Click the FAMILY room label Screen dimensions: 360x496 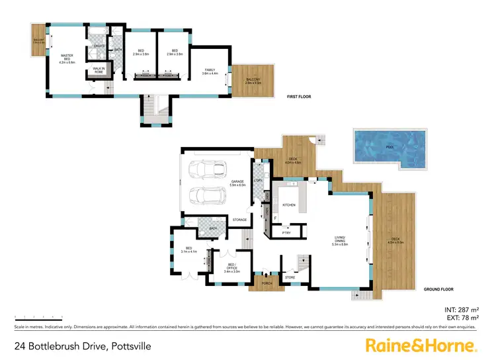click(210, 71)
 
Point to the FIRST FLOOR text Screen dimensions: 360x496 click(299, 97)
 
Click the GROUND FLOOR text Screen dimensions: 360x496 click(436, 289)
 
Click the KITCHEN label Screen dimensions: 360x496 click(289, 205)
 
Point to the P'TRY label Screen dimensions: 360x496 click(287, 232)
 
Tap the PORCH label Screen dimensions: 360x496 click(267, 283)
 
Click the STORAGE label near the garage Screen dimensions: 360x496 click(239, 220)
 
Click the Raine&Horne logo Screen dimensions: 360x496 click(421, 345)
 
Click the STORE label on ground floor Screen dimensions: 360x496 click(290, 277)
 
